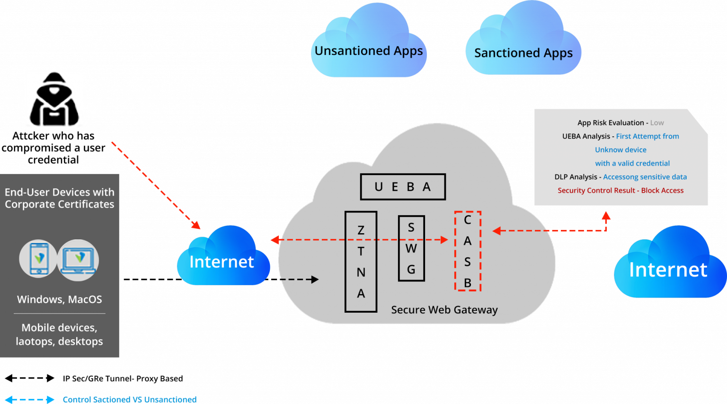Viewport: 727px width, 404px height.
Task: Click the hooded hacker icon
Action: click(x=54, y=98)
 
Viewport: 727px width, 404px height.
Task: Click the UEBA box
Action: click(x=403, y=187)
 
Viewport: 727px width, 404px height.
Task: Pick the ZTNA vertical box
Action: click(x=361, y=262)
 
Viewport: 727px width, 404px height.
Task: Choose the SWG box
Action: click(x=411, y=248)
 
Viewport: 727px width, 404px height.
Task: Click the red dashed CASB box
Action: click(x=467, y=251)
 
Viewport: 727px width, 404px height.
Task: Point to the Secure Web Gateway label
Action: click(x=444, y=310)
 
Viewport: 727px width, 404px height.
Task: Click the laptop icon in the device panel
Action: click(x=78, y=260)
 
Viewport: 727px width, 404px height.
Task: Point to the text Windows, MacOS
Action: click(x=60, y=299)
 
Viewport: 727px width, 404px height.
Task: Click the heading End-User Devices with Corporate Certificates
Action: click(x=60, y=198)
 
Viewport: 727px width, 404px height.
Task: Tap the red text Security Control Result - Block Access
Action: click(x=620, y=190)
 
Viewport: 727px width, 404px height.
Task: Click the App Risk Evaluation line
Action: click(x=612, y=123)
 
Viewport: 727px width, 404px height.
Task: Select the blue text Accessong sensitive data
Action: click(x=645, y=177)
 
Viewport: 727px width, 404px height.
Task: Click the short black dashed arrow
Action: click(x=299, y=280)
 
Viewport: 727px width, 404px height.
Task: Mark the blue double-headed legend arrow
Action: click(x=29, y=400)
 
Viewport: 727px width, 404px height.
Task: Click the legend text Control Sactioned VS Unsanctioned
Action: click(x=130, y=400)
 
